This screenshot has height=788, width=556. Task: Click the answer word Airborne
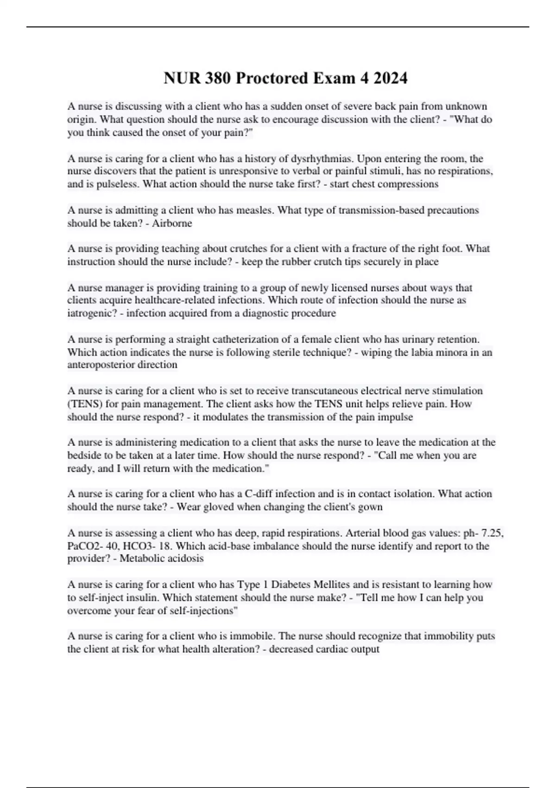point(172,223)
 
